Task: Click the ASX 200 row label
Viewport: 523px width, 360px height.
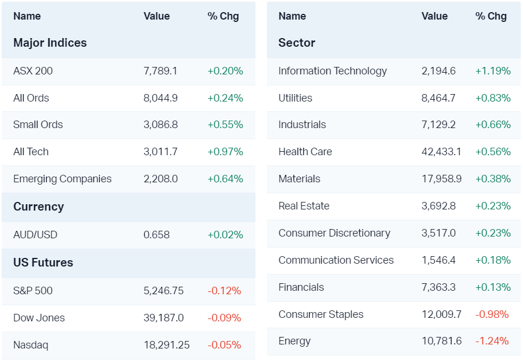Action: click(33, 71)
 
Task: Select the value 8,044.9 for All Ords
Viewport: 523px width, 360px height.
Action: click(160, 98)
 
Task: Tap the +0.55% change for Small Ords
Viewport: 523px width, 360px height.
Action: click(225, 125)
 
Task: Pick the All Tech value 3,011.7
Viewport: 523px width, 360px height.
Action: click(160, 152)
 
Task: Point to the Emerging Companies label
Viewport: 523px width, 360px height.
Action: click(62, 179)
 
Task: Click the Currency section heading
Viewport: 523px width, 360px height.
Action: click(38, 207)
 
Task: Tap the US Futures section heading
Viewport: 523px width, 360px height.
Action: click(43, 262)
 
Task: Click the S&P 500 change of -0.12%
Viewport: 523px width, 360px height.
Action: click(224, 291)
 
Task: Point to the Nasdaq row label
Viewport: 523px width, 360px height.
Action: click(31, 345)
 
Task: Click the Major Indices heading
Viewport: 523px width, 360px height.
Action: click(50, 43)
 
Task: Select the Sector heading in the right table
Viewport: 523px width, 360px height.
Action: click(296, 43)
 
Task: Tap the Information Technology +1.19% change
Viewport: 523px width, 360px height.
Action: click(493, 71)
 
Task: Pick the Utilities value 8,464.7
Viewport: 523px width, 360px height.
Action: click(438, 98)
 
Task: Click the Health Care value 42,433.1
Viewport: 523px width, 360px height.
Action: click(441, 152)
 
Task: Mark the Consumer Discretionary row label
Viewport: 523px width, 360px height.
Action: click(334, 233)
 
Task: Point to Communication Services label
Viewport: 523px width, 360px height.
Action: click(336, 260)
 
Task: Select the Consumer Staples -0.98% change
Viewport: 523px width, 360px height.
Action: click(492, 314)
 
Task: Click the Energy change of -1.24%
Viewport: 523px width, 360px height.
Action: click(492, 341)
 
